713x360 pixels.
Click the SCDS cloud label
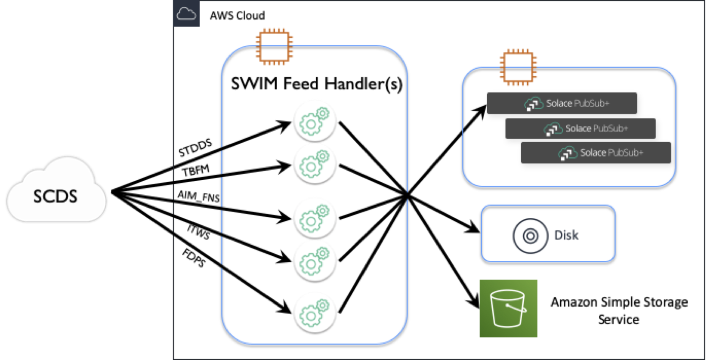point(55,196)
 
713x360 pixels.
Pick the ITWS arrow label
point(199,232)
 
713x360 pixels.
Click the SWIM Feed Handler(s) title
point(317,84)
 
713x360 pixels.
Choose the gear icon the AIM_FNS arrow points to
point(315,218)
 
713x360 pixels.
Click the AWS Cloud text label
point(237,16)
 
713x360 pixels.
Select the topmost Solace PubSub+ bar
point(562,104)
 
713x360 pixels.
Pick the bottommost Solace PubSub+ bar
point(595,153)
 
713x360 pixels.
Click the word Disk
point(566,235)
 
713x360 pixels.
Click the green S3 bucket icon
point(508,309)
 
